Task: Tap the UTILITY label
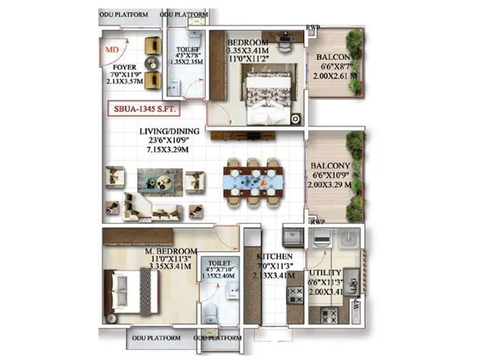(x=325, y=273)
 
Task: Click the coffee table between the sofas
(x=151, y=181)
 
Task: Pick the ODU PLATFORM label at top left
(x=125, y=13)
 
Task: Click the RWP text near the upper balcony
(x=313, y=27)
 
